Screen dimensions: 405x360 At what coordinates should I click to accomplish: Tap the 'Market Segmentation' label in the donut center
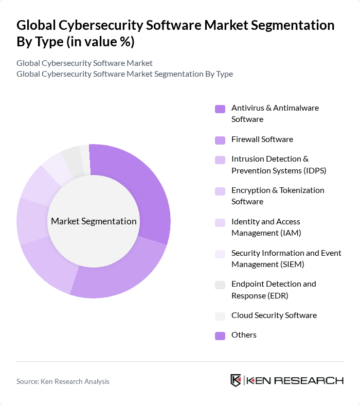tap(94, 221)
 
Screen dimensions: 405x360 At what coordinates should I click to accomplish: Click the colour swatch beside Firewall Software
tap(220, 140)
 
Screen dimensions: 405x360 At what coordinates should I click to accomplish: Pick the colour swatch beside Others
tap(220, 336)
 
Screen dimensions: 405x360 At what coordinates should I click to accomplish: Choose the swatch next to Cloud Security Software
tap(220, 316)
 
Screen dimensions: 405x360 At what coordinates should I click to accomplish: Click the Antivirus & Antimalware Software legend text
tap(275, 114)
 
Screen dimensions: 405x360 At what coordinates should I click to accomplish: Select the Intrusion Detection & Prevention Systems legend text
tap(278, 165)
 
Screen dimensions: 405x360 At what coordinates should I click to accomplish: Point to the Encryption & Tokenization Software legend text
tap(278, 196)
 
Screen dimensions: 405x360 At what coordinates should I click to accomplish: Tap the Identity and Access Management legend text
tap(266, 227)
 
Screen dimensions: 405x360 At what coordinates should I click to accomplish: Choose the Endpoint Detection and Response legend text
tap(274, 290)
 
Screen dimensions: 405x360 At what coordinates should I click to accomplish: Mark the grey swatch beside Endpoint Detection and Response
tap(220, 285)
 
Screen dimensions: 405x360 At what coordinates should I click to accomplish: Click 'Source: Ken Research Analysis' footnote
tap(63, 381)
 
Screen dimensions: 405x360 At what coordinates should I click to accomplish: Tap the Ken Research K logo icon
tap(236, 381)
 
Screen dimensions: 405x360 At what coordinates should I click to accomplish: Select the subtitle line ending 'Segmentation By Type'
tap(124, 74)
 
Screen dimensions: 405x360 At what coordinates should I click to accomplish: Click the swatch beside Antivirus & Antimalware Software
tap(220, 109)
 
